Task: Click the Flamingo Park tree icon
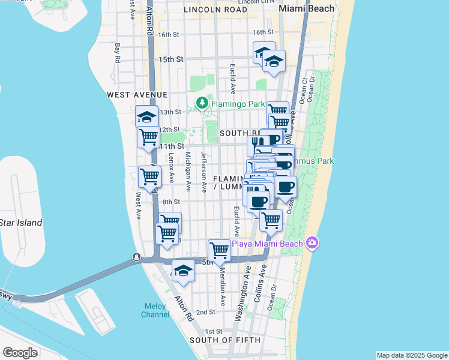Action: click(202, 103)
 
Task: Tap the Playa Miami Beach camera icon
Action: click(312, 243)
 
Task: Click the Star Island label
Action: click(21, 223)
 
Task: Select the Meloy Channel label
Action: click(155, 310)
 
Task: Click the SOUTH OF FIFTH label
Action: click(225, 340)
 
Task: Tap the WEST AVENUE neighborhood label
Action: click(137, 95)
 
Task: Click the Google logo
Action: click(20, 352)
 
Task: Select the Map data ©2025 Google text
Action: click(411, 355)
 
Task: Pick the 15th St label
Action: click(171, 59)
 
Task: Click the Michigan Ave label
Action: click(187, 171)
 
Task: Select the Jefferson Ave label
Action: click(204, 171)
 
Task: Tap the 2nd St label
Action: click(206, 312)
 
